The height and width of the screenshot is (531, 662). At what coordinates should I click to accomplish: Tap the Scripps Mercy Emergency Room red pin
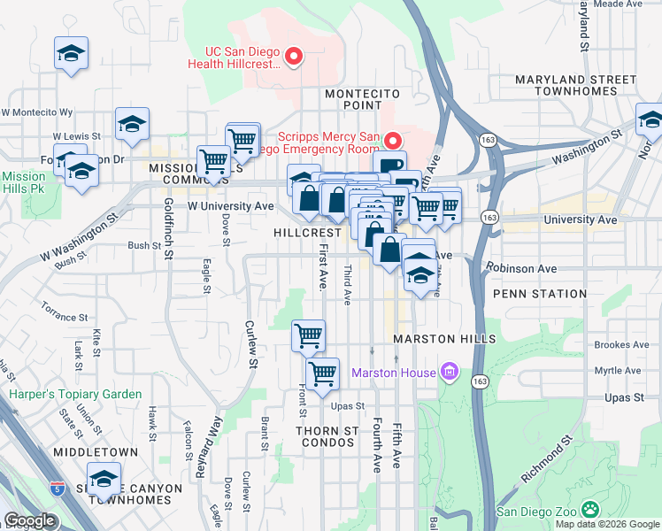393,140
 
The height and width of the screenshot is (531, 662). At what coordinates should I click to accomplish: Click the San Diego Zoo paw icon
589,510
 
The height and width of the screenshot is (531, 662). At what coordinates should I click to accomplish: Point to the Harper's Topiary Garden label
75,394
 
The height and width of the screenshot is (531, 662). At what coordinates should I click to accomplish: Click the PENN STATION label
540,293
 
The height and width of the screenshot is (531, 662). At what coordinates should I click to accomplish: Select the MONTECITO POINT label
363,99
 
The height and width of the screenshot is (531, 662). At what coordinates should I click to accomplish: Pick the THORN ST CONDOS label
327,437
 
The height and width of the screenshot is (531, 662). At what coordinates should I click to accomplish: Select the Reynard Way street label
206,448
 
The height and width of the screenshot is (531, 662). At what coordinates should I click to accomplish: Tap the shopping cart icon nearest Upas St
323,373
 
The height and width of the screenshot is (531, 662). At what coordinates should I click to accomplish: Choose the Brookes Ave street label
622,345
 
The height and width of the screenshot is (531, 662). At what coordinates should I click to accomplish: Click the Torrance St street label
65,312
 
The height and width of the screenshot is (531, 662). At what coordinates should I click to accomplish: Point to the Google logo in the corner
30,520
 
